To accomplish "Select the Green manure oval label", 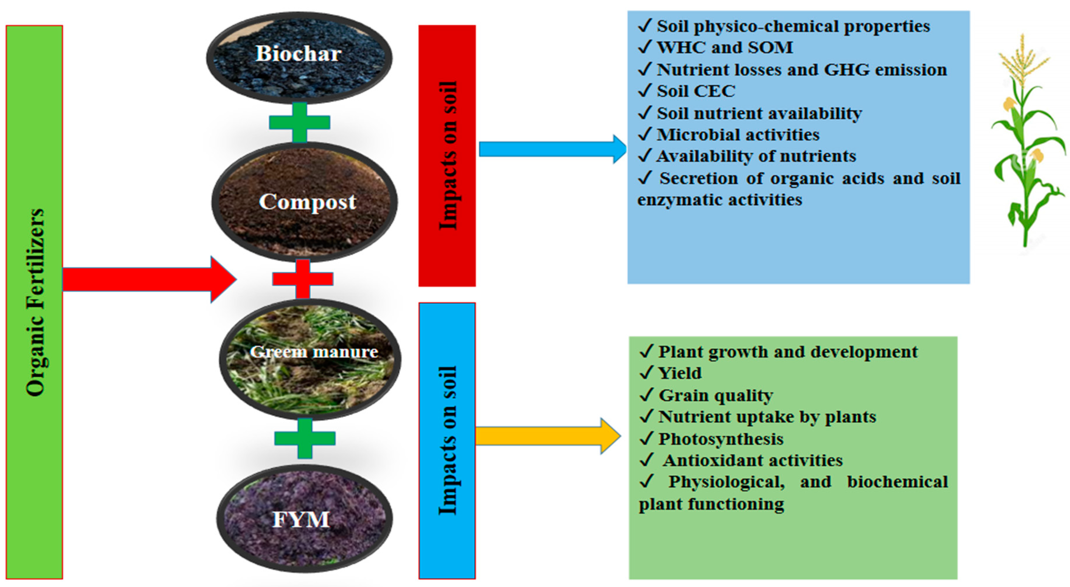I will point(314,352).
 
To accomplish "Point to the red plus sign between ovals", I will point(303,279).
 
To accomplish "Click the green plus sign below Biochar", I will point(300,122).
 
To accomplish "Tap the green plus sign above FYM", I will point(305,438).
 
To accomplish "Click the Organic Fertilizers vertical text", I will point(35,302).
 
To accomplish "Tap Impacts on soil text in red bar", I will point(448,155).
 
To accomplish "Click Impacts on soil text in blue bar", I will point(448,440).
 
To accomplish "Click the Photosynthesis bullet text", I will point(721,439).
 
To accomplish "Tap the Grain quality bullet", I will point(715,395).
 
